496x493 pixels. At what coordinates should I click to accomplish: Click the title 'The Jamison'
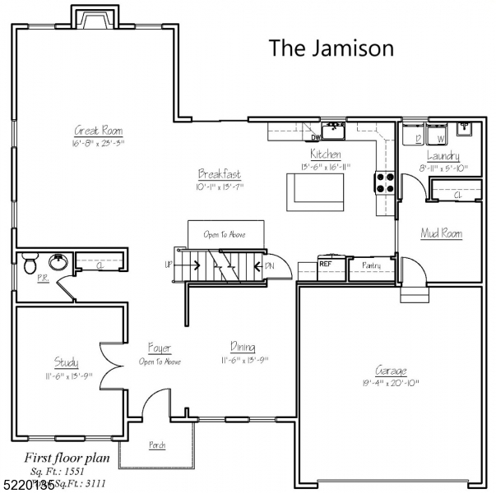click(x=331, y=48)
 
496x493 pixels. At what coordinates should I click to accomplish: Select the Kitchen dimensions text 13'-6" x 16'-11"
click(x=324, y=167)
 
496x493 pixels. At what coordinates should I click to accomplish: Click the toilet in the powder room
click(x=30, y=264)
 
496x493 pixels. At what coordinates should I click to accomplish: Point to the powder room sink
click(x=58, y=263)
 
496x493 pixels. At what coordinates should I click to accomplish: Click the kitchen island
click(x=314, y=192)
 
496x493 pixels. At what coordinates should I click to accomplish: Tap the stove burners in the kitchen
click(x=384, y=181)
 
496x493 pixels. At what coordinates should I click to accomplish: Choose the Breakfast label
click(x=220, y=174)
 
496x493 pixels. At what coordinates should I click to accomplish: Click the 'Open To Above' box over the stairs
click(x=225, y=234)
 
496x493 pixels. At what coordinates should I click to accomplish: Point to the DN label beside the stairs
click(x=269, y=265)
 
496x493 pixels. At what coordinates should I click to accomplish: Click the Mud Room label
click(x=441, y=234)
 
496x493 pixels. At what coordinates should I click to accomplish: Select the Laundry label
click(x=443, y=156)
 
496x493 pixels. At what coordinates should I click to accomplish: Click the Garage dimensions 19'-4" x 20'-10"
click(x=391, y=383)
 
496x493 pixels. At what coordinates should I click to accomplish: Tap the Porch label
click(x=156, y=445)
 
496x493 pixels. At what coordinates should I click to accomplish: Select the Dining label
click(x=242, y=348)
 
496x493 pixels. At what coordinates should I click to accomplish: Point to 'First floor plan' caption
click(x=62, y=458)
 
